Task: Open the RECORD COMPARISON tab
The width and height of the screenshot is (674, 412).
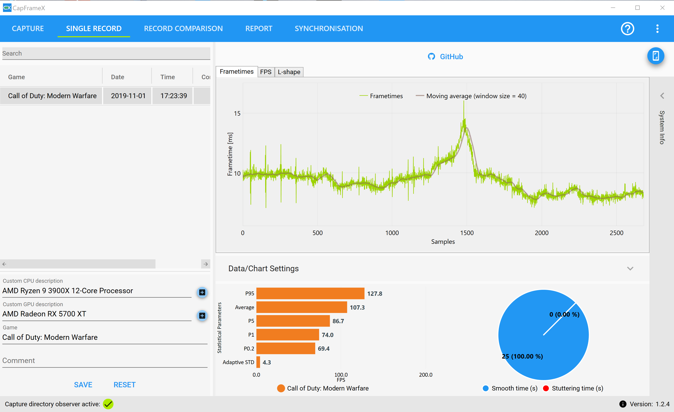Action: [x=183, y=28]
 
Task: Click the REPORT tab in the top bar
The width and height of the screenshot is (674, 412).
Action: [x=259, y=28]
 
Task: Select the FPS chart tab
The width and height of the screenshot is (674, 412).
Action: [x=266, y=72]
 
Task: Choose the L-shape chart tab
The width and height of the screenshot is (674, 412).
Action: [x=289, y=72]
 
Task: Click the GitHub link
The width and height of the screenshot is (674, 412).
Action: [x=445, y=56]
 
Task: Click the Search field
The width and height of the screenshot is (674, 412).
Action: [x=106, y=53]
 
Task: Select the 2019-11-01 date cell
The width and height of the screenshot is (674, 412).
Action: [x=128, y=96]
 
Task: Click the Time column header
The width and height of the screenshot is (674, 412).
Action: [x=167, y=77]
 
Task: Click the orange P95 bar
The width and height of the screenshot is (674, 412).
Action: [x=310, y=293]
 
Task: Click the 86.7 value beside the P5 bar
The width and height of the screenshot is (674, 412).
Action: [x=338, y=321]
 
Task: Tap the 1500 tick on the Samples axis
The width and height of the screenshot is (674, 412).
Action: [x=467, y=233]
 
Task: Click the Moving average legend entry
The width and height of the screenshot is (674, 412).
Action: [x=471, y=96]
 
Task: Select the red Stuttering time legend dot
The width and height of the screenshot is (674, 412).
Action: [x=546, y=388]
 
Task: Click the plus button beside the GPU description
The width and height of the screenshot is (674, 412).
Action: [x=202, y=316]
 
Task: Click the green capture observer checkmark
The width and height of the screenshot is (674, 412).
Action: [x=108, y=404]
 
